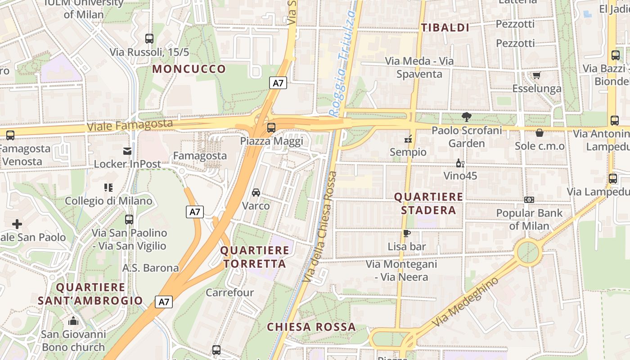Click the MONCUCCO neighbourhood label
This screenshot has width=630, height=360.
pyautogui.click(x=189, y=69)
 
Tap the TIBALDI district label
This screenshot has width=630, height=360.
pyautogui.click(x=445, y=28)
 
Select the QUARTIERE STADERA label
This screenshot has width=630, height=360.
pyautogui.click(x=428, y=203)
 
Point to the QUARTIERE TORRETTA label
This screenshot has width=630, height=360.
pyautogui.click(x=255, y=257)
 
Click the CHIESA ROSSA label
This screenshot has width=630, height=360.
pyautogui.click(x=311, y=327)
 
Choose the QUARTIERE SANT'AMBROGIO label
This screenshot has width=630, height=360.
pyautogui.click(x=90, y=294)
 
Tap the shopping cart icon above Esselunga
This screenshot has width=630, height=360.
pyautogui.click(x=536, y=75)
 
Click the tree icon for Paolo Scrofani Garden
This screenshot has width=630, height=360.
pyautogui.click(x=466, y=117)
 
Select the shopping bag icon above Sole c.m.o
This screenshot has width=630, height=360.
pyautogui.click(x=539, y=133)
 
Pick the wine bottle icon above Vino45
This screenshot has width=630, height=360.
pyautogui.click(x=460, y=163)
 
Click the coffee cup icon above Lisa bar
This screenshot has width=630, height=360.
pyautogui.click(x=407, y=233)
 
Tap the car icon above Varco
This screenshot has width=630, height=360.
pyautogui.click(x=256, y=193)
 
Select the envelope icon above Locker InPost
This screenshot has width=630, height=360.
pyautogui.click(x=127, y=151)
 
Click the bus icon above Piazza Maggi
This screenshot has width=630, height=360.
pyautogui.click(x=271, y=127)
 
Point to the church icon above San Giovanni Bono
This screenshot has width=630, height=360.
pyautogui.click(x=73, y=321)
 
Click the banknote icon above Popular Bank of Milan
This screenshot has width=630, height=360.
pyautogui.click(x=529, y=200)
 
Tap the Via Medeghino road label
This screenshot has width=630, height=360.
pyautogui.click(x=465, y=302)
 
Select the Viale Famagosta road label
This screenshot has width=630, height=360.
pyautogui.click(x=130, y=125)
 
